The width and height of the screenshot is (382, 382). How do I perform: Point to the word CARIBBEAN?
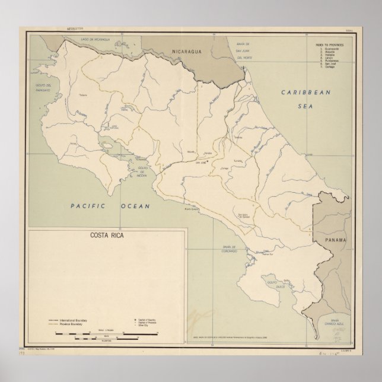304,93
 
